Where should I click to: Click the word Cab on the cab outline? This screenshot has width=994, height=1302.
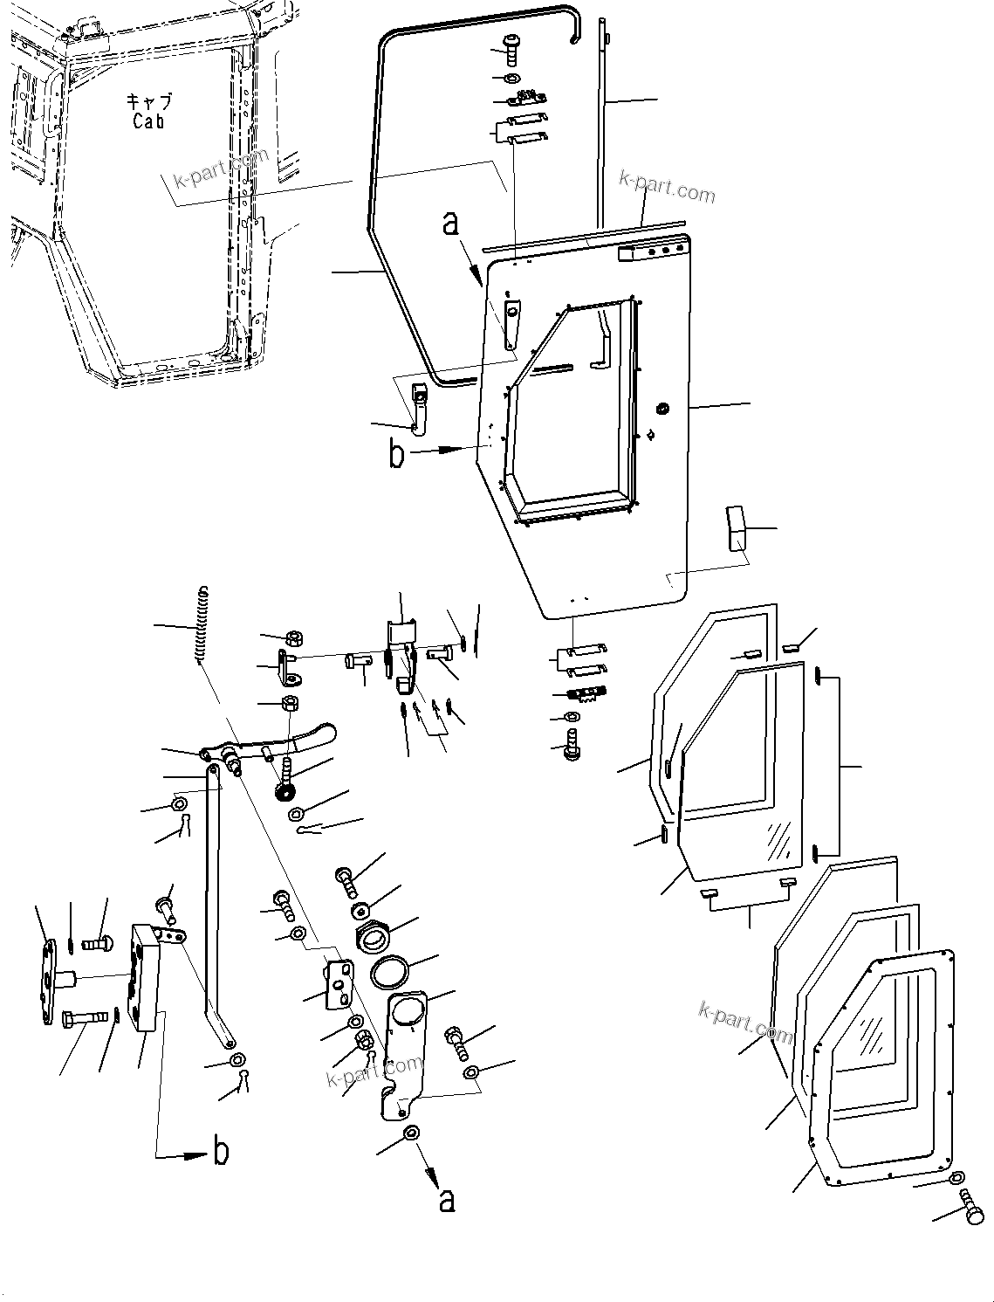point(148,121)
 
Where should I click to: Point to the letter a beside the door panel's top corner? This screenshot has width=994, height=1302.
point(450,223)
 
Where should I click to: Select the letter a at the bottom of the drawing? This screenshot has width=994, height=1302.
point(447,1201)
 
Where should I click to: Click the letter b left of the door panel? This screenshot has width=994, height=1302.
point(397,454)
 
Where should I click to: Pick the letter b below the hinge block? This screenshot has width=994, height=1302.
point(222,1152)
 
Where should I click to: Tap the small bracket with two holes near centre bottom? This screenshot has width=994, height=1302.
point(339,983)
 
